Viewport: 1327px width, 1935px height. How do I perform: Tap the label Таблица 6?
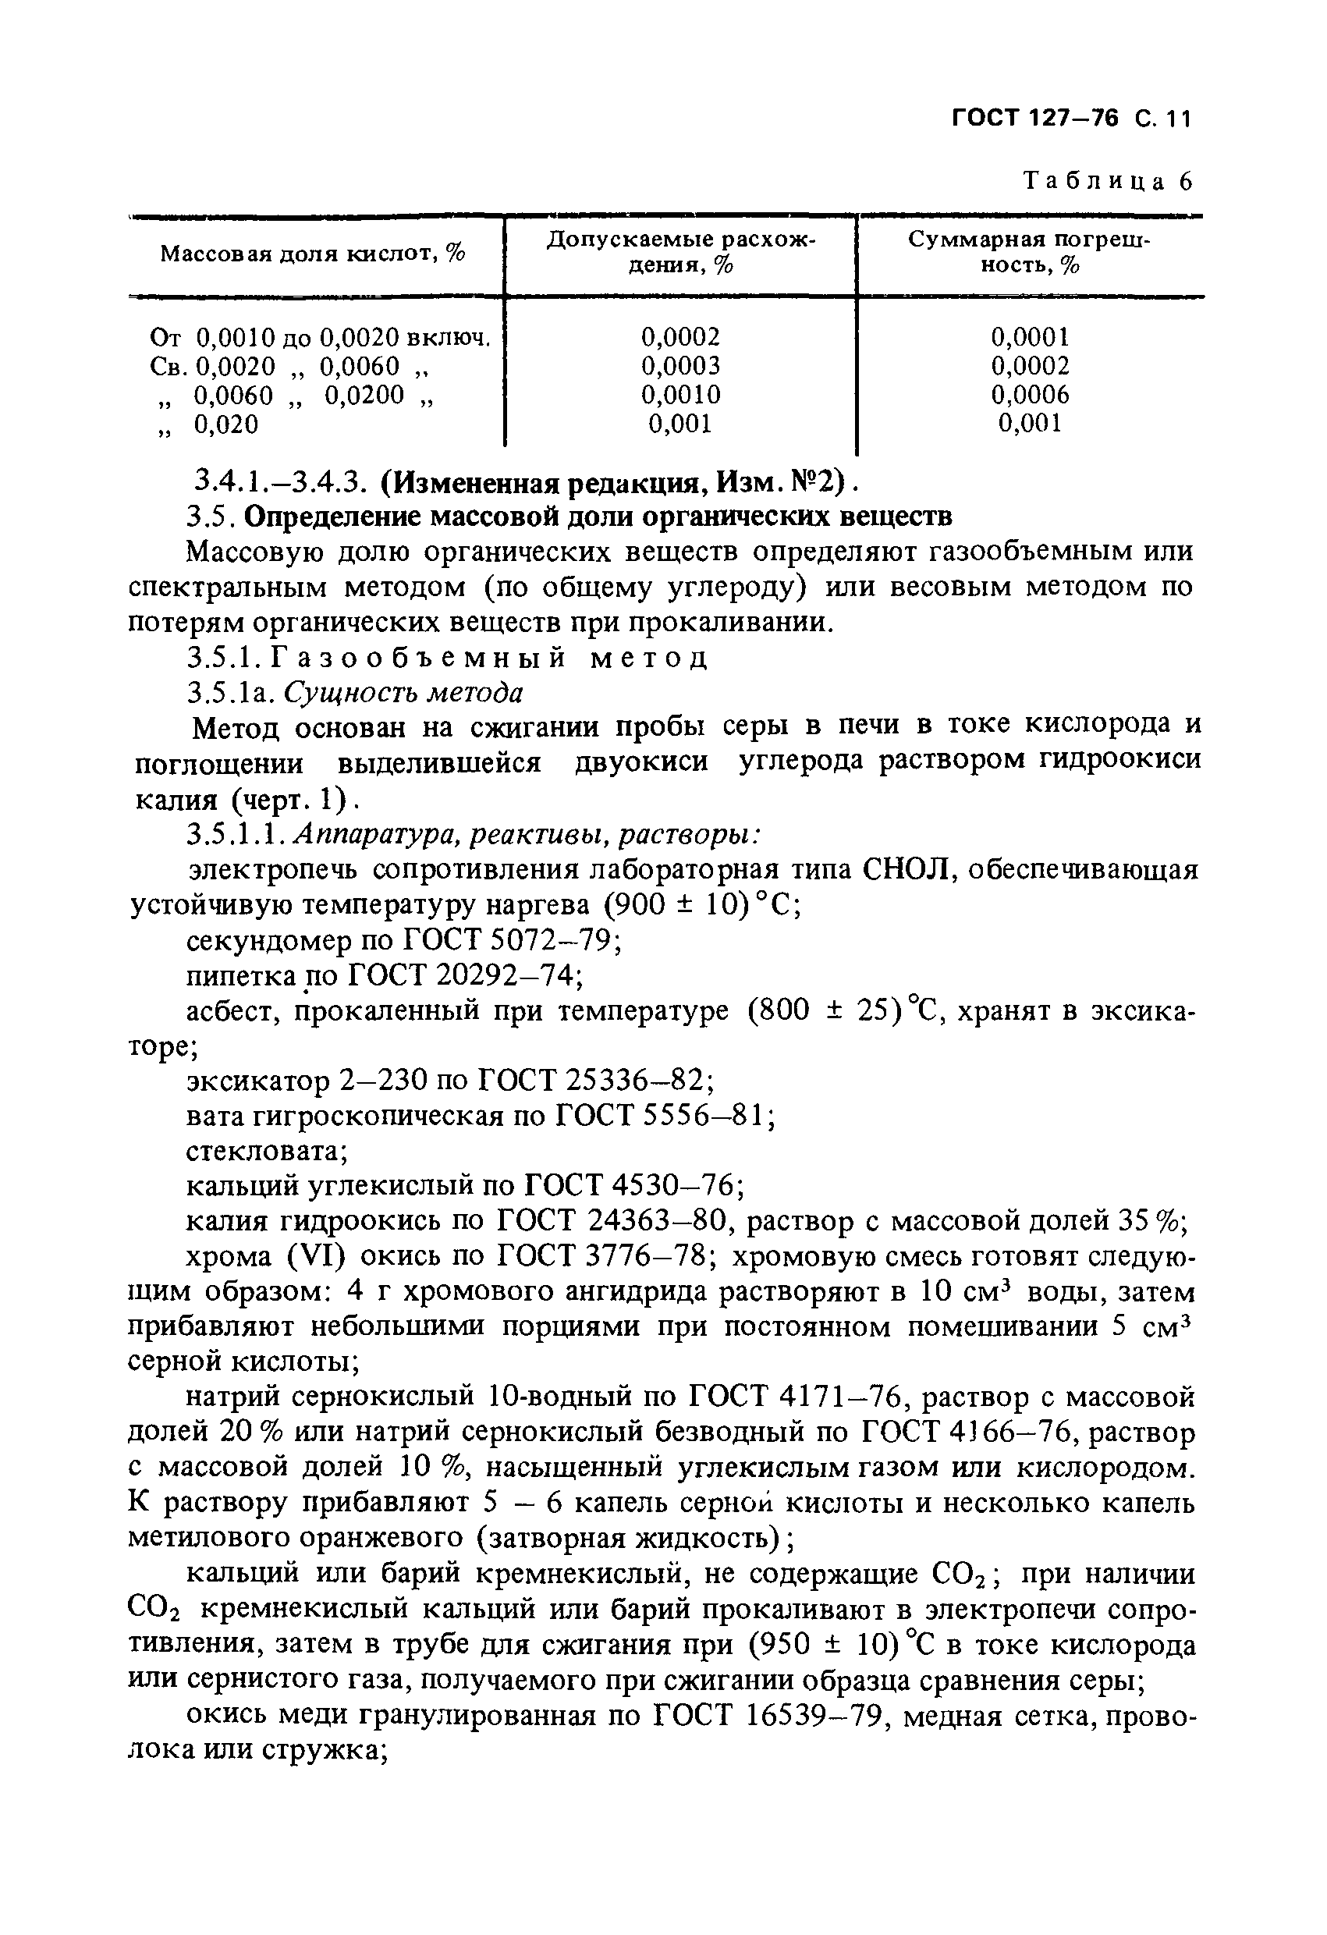[x=1107, y=181]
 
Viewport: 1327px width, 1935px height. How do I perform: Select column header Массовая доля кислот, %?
[x=313, y=253]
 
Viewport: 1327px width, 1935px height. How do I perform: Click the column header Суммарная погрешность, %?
[x=1028, y=252]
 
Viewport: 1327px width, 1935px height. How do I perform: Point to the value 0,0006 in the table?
[x=1030, y=395]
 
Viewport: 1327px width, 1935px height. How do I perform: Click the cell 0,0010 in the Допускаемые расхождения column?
[x=680, y=395]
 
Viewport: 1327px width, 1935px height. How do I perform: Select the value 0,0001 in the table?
[x=1030, y=337]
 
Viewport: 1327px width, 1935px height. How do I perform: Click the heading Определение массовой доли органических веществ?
[x=599, y=517]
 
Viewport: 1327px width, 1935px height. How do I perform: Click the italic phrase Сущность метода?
[x=405, y=693]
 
